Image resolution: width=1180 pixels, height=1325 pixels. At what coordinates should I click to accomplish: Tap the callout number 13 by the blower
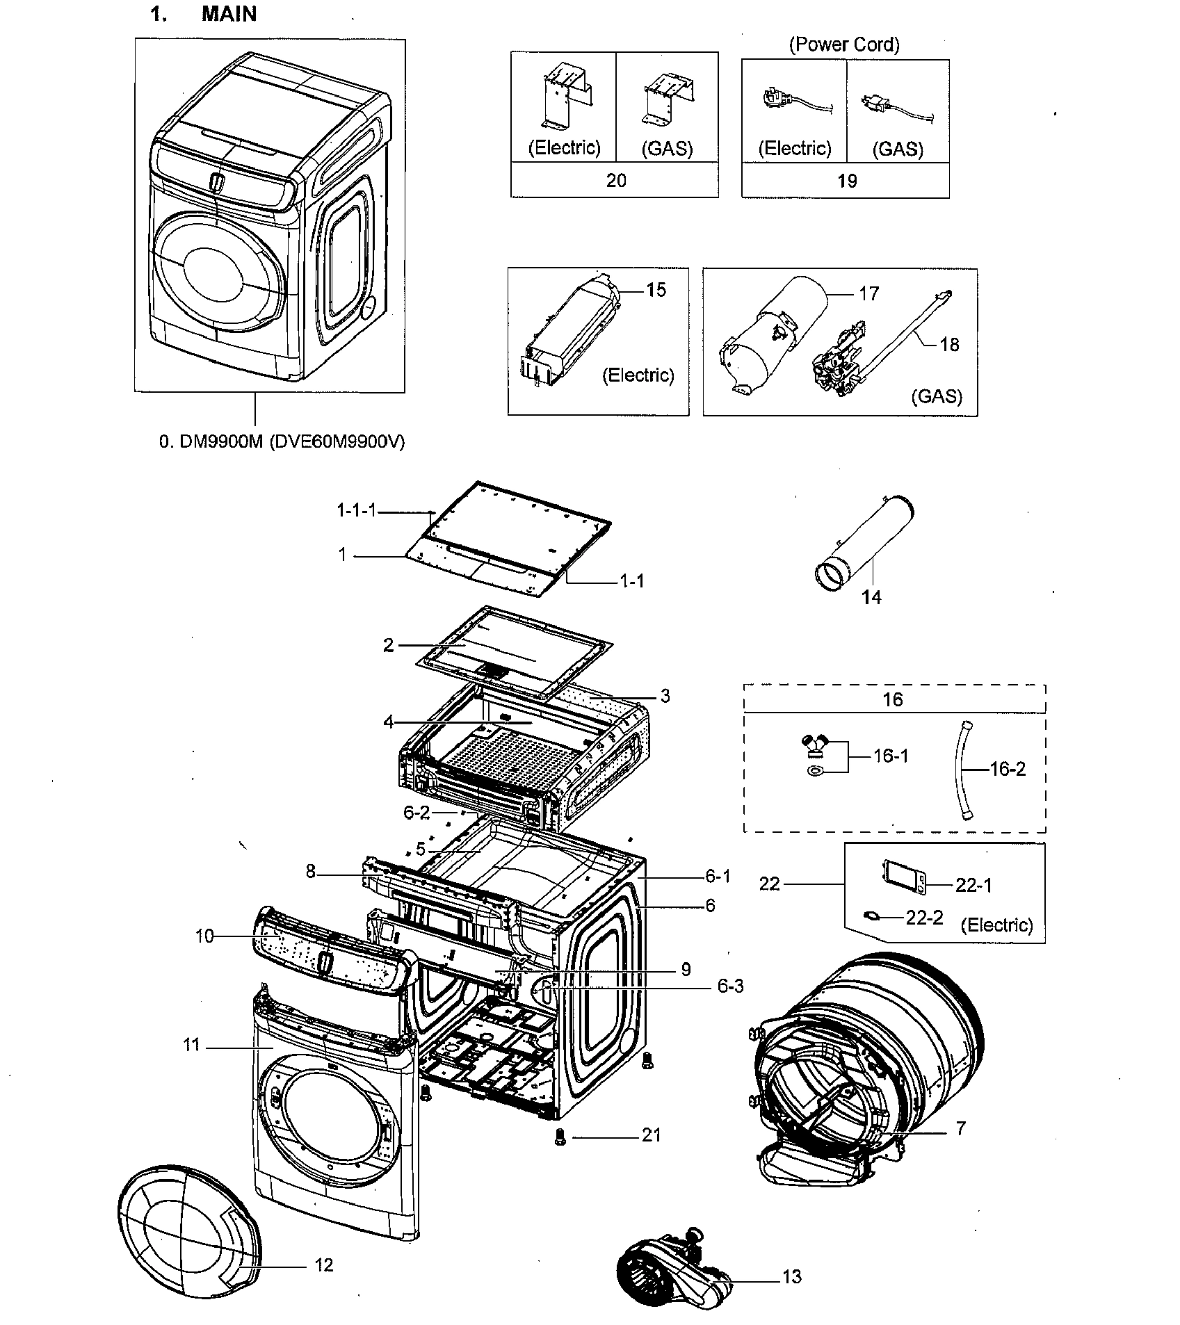point(791,1276)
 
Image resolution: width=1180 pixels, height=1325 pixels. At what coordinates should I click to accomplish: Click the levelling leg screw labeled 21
point(560,1137)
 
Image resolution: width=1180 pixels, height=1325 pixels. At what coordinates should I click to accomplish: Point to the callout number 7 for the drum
point(960,1128)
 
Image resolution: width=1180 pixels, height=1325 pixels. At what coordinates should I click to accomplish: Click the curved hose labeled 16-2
point(963,770)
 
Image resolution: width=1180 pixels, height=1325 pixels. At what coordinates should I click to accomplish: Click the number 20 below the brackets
point(616,181)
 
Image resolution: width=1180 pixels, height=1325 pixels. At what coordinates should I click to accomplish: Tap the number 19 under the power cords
point(846,181)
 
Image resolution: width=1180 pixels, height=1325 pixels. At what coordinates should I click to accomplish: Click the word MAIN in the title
point(229,14)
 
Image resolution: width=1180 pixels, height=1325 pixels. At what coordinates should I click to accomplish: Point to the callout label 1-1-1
point(356,511)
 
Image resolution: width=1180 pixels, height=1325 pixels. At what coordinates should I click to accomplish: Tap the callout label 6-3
point(730,986)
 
